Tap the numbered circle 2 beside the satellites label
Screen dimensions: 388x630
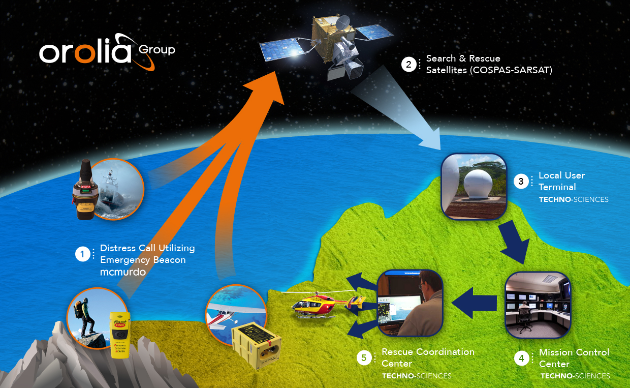point(408,65)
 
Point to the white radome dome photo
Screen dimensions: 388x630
point(474,186)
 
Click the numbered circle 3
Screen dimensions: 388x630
point(521,182)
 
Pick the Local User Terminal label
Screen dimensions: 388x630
point(561,181)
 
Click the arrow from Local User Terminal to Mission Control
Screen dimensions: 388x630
point(513,242)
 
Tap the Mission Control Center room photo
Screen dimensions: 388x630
point(538,305)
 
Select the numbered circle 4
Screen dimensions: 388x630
point(521,359)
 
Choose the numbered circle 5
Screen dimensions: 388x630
point(364,358)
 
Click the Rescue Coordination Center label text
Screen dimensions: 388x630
point(428,357)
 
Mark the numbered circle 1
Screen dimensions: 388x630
point(83,254)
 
